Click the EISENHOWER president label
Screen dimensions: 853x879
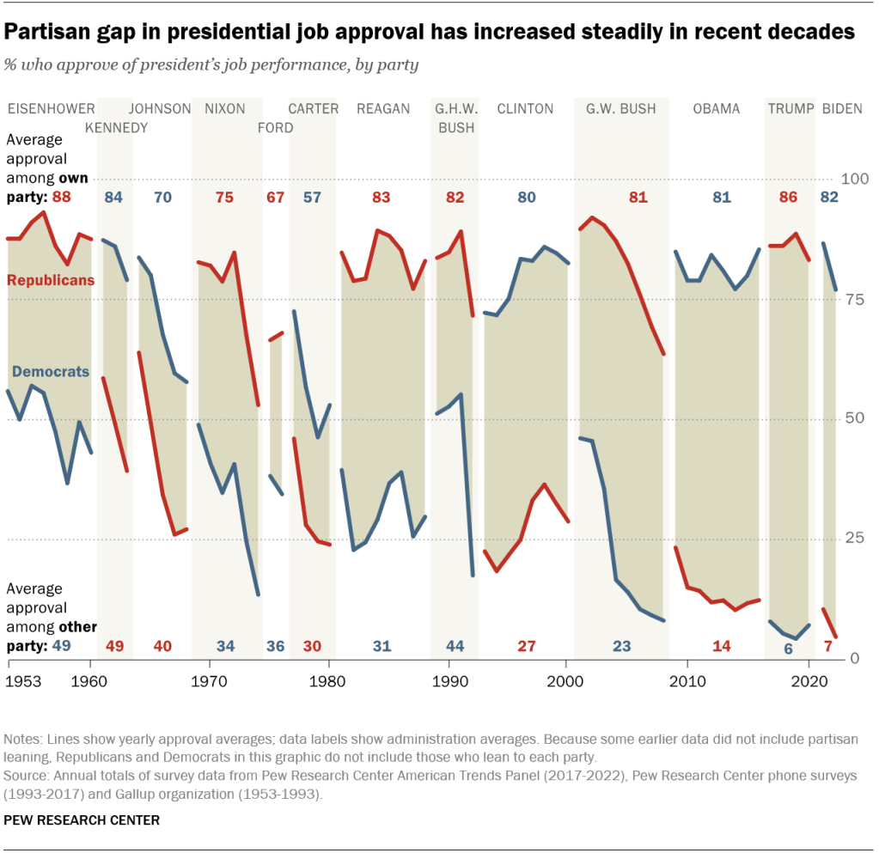tap(51, 109)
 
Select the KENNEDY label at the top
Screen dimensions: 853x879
tap(116, 128)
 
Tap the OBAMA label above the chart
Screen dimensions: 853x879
tap(717, 109)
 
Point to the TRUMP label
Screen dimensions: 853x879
tap(789, 109)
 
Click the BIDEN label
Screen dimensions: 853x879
tap(843, 109)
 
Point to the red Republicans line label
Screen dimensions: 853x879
tap(51, 280)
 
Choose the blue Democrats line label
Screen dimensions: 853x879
tap(50, 372)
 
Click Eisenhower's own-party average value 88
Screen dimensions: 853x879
tap(61, 198)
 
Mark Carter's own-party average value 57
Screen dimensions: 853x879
tap(313, 198)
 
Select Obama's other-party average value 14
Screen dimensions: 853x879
tap(722, 646)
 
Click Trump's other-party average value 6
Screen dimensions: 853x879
tap(788, 649)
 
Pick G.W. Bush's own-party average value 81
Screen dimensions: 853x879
tap(638, 198)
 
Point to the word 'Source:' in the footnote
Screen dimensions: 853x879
tap(26, 774)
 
